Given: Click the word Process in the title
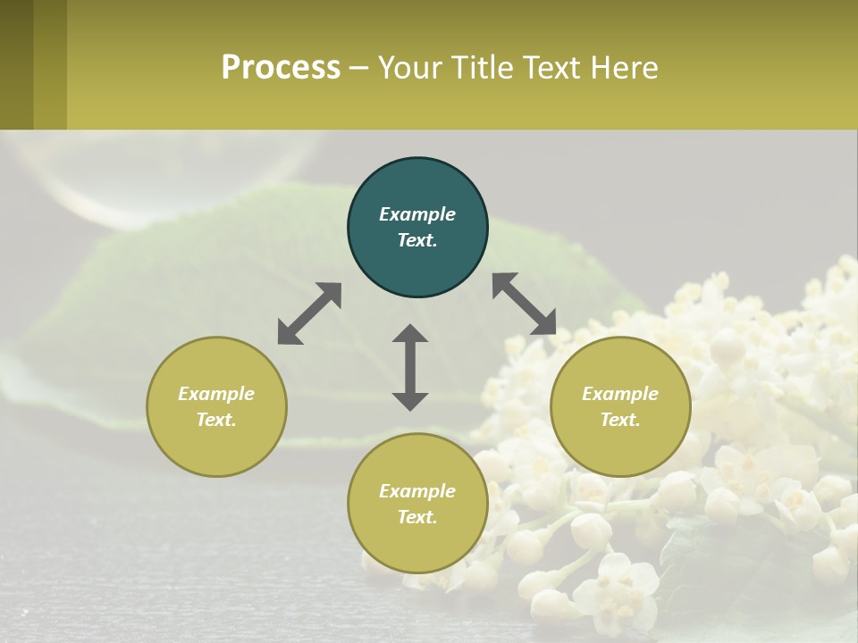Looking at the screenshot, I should (281, 68).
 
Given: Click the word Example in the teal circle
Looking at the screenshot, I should (417, 214).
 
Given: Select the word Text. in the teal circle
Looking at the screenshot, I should (417, 240).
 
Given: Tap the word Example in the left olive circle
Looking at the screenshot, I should (216, 394).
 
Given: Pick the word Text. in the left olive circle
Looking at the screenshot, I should (216, 420).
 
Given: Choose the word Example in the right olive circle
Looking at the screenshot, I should (620, 394).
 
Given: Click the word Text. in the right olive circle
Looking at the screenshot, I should (620, 420).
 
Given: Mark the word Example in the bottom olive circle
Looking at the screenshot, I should (417, 491).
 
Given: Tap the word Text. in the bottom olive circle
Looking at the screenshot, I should (417, 517).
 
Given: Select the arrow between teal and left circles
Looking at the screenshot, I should (309, 313).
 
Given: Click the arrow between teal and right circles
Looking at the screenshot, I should (524, 305).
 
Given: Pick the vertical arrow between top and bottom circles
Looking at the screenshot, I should (410, 367).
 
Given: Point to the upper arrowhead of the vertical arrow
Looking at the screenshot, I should (410, 334).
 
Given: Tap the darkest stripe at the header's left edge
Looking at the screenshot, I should (16, 64).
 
